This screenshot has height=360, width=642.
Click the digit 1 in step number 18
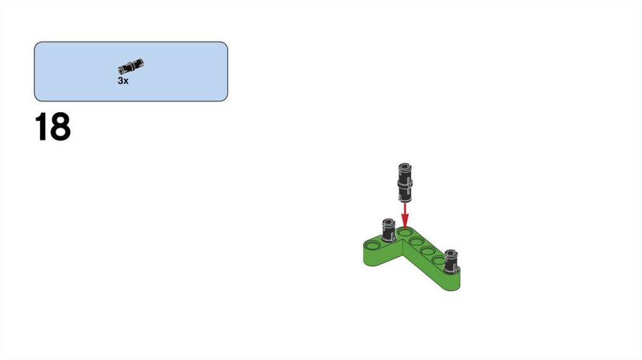(41, 127)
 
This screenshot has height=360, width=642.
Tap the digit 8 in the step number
(60, 127)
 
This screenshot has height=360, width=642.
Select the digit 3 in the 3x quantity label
(120, 81)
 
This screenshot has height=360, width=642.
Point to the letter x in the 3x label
(125, 82)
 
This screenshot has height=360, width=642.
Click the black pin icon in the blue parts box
(130, 66)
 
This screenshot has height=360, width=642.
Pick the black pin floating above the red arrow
(404, 183)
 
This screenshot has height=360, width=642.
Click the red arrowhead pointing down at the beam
(405, 223)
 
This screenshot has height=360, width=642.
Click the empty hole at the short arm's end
(373, 246)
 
